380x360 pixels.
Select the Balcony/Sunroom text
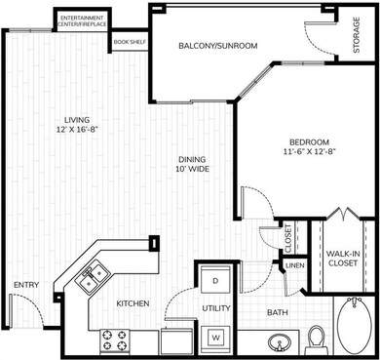point(217,46)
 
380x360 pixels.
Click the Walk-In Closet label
point(343,259)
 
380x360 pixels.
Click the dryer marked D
point(214,280)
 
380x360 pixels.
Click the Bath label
point(279,313)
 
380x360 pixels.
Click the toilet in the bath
point(315,339)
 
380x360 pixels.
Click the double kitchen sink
point(91,280)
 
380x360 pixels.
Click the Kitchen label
point(133,304)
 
